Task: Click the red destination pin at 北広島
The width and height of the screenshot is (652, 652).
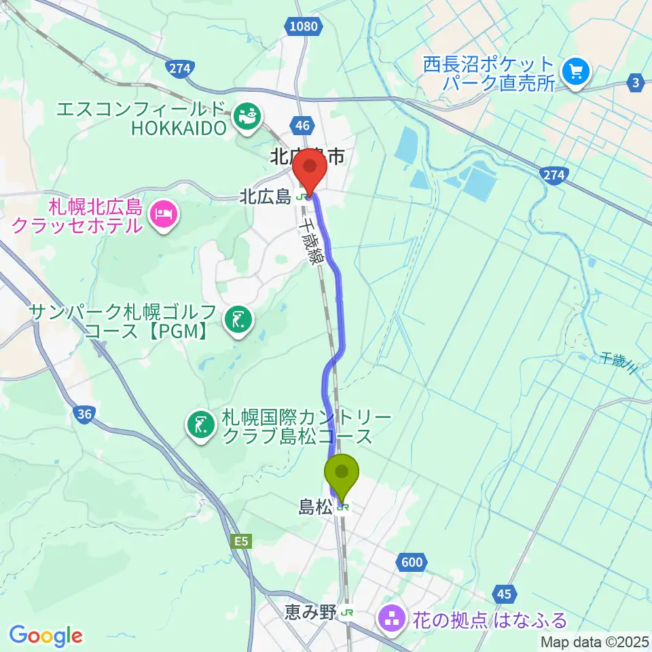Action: pyautogui.click(x=311, y=169)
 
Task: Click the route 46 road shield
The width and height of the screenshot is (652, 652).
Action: pyautogui.click(x=303, y=125)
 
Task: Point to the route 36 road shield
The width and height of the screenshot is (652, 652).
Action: pyautogui.click(x=84, y=414)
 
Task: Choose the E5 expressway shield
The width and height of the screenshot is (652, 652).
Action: pyautogui.click(x=241, y=541)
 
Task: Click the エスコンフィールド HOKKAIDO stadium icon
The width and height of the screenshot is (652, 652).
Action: pyautogui.click(x=247, y=115)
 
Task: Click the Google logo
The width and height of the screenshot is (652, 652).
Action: pyautogui.click(x=46, y=636)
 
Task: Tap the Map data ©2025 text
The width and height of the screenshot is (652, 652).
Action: pyautogui.click(x=594, y=642)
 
